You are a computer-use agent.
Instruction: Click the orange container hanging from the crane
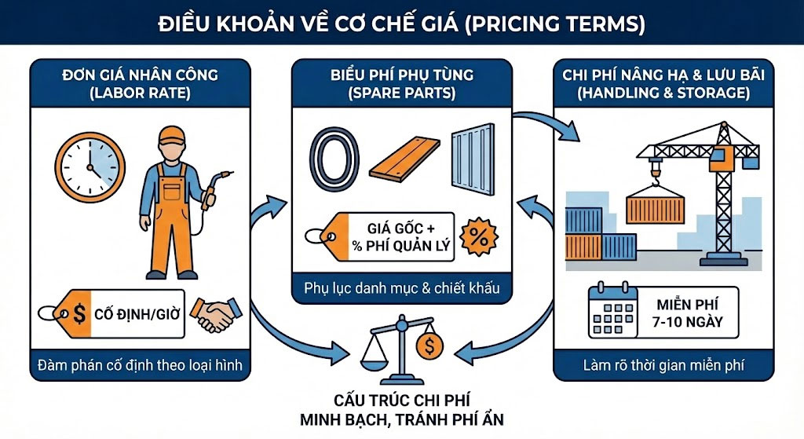point(655,208)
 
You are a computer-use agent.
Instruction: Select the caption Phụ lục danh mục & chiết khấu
point(401,288)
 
